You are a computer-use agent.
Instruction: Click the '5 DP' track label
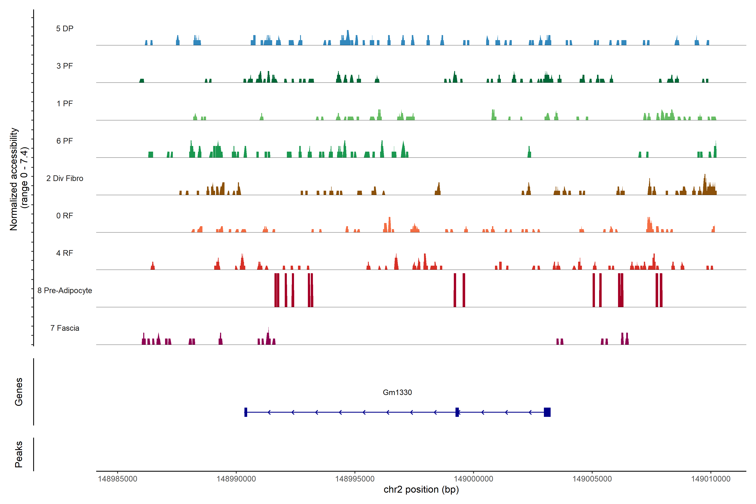coord(65,29)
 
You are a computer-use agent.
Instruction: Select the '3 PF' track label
coord(65,66)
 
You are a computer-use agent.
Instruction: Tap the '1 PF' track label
coord(65,104)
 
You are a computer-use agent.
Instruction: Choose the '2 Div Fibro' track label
coord(65,178)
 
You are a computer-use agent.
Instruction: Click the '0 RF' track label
coord(65,216)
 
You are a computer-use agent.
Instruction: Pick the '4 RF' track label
coord(65,253)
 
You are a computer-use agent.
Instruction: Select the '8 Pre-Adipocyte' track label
coord(65,291)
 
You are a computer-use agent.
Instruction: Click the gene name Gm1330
coord(397,392)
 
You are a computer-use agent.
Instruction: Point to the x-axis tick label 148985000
coord(117,479)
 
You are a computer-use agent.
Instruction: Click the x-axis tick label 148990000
coord(236,479)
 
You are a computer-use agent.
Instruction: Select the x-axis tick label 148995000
coord(355,479)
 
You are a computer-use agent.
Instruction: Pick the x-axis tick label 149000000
coord(474,479)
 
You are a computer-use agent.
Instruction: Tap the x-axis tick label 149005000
coord(592,479)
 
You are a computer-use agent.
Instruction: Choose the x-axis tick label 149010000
coord(711,479)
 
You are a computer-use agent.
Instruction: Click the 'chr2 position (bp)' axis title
coord(421,490)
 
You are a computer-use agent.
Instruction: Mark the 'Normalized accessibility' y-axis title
coord(14,179)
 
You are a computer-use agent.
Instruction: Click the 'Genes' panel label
coord(19,392)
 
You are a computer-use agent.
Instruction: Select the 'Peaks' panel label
coord(19,454)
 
